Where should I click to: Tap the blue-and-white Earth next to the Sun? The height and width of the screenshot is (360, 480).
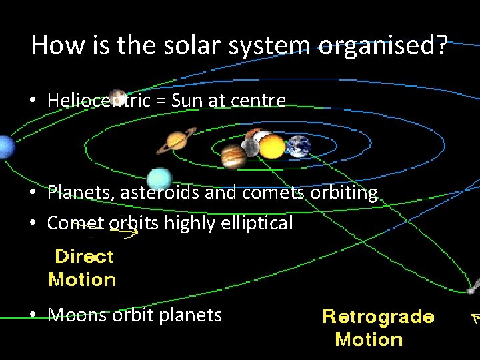tap(299, 146)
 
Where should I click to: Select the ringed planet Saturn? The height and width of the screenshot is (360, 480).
tap(177, 140)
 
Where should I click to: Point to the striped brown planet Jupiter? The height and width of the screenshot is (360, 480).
tap(233, 157)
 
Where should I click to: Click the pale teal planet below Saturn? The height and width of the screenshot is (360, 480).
tap(159, 179)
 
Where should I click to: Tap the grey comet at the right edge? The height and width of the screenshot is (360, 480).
tap(472, 289)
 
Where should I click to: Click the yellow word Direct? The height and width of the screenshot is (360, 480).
tap(84, 257)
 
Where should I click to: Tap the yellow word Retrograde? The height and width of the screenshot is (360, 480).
tap(378, 317)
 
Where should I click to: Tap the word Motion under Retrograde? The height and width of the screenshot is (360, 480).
tap(369, 339)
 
